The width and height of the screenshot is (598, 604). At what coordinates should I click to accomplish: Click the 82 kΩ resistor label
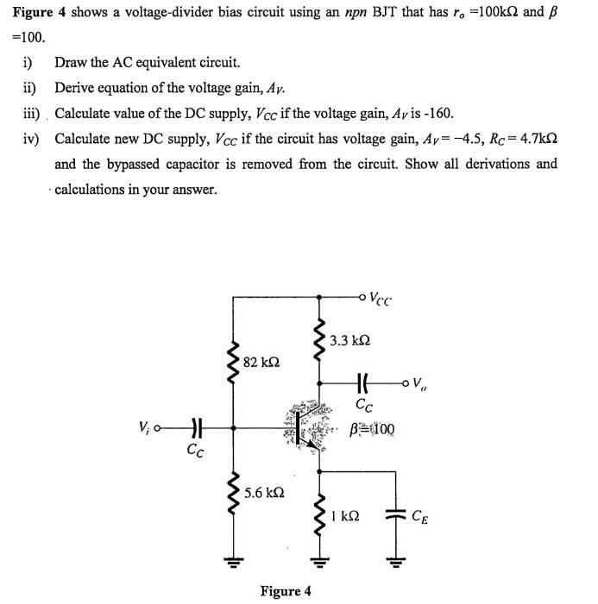click(261, 361)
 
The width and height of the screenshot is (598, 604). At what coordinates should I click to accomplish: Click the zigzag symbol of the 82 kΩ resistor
click(231, 362)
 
